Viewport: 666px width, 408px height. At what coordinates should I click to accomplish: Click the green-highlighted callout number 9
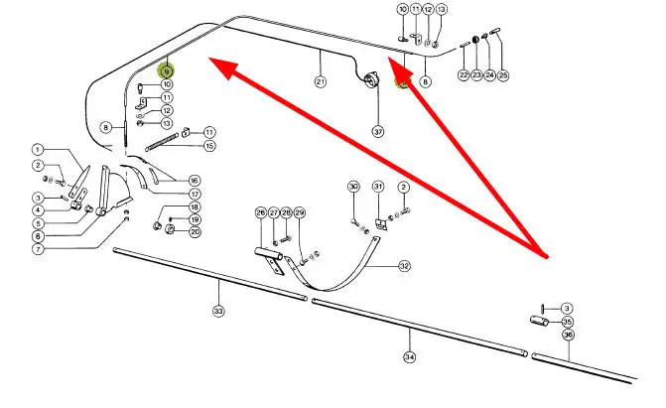pos(167,70)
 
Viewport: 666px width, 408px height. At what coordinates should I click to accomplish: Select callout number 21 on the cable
pos(321,81)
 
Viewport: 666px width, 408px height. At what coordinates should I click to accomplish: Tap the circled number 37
pos(377,131)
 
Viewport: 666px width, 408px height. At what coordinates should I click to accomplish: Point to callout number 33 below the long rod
pos(218,311)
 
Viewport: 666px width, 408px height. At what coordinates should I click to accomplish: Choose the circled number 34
pos(408,356)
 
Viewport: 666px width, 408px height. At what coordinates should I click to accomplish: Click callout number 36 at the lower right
pos(568,336)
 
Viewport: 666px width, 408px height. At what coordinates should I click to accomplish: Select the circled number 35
pos(567,322)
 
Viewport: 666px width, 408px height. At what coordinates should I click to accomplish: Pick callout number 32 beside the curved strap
pos(404,266)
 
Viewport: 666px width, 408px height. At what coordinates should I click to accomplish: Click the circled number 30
pos(353,187)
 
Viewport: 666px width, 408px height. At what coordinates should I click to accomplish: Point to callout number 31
pos(378,187)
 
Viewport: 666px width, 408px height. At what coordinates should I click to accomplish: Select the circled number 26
pos(261,212)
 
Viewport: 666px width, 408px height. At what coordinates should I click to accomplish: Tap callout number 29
pos(300,212)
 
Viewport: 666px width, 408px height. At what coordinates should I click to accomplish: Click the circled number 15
pos(209,147)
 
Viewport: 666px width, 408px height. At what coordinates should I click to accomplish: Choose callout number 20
pos(195,232)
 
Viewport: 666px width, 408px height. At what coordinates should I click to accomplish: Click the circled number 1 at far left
pos(37,150)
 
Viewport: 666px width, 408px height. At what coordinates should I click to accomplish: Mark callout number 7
pos(37,249)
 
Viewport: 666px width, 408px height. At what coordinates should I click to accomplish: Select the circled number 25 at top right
pos(502,75)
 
